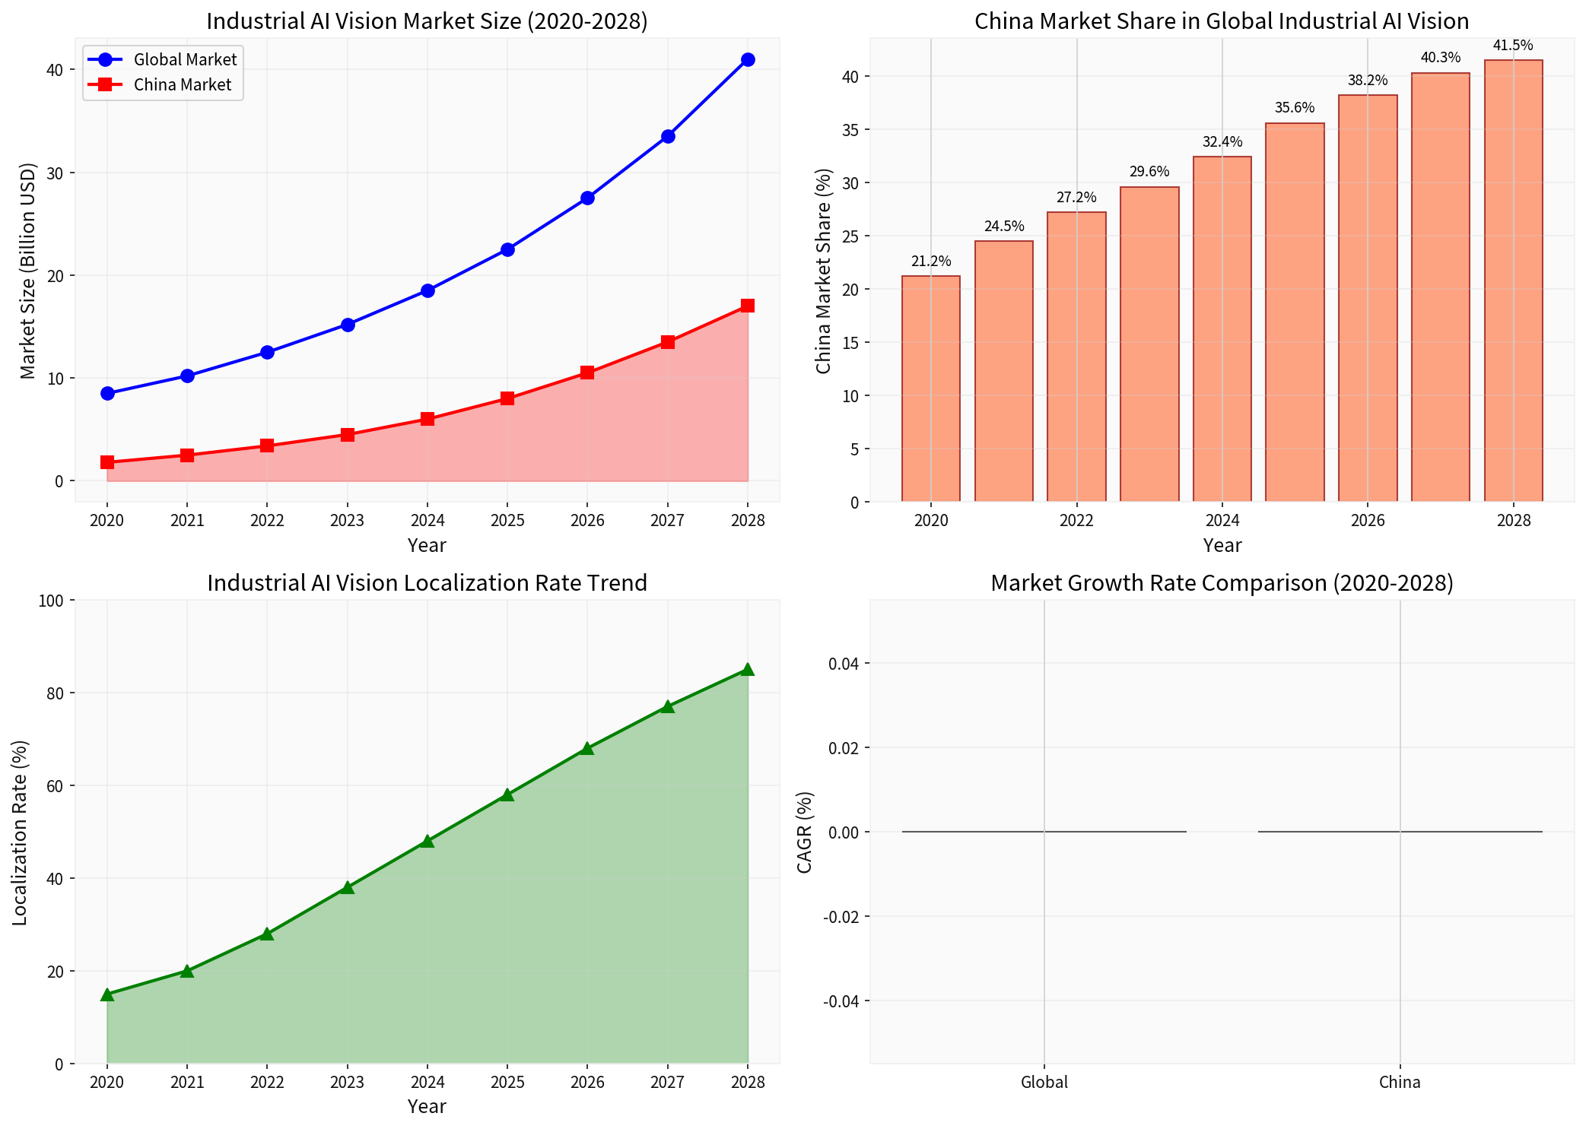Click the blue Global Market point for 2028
click(x=748, y=59)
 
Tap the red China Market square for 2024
click(x=427, y=419)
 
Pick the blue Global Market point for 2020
click(x=107, y=393)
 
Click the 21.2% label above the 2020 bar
click(x=931, y=261)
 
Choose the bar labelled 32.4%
click(x=1222, y=328)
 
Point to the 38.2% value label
click(x=1368, y=80)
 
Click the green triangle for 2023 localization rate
click(x=348, y=887)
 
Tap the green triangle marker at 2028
click(x=748, y=669)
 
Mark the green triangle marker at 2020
click(x=107, y=994)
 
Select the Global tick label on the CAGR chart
click(x=1044, y=1082)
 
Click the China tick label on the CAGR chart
click(x=1400, y=1082)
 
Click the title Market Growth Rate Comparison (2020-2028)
click(x=1222, y=583)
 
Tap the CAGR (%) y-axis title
click(x=805, y=832)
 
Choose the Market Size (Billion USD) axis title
click(x=28, y=270)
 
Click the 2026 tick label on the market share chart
click(x=1368, y=521)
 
